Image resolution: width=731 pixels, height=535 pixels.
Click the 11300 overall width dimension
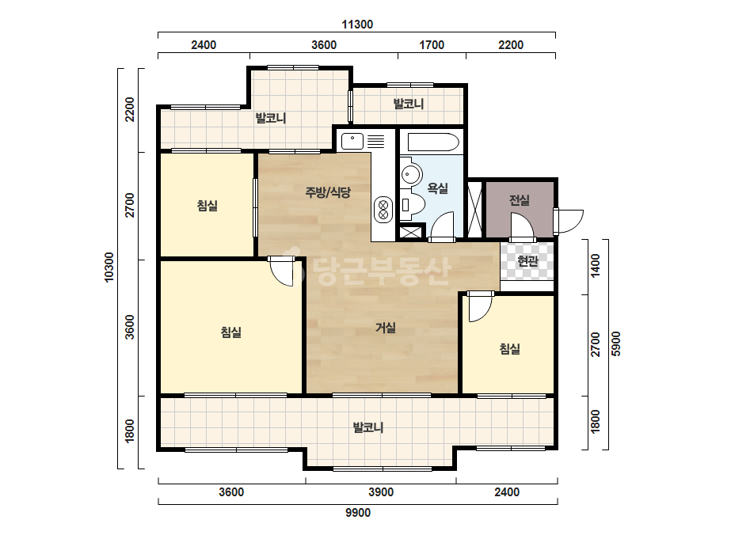[357, 25]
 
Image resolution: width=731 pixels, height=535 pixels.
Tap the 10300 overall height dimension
[109, 267]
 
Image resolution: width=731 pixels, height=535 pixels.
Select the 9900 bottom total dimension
[358, 513]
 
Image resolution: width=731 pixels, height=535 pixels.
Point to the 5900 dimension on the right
[616, 343]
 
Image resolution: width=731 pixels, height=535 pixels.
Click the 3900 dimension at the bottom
[381, 492]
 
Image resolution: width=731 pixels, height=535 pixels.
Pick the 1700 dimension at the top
[432, 45]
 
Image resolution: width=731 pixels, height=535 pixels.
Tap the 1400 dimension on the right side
[596, 266]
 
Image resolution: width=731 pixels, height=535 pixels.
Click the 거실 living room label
[386, 328]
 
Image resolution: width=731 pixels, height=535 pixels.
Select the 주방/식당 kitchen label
[328, 192]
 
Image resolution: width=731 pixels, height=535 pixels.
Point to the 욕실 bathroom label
[438, 188]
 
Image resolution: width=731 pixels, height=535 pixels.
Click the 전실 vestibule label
[520, 200]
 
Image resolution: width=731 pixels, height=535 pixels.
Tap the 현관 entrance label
[527, 261]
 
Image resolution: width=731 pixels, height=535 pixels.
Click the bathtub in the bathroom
[433, 142]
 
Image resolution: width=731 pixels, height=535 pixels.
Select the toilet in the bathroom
[412, 203]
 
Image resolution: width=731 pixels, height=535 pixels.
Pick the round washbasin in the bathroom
[411, 175]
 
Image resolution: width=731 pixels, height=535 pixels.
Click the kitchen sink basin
[352, 141]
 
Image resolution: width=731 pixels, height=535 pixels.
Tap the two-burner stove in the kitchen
[383, 209]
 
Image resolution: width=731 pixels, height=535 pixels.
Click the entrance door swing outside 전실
[569, 221]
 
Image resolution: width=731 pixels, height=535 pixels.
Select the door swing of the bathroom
[442, 226]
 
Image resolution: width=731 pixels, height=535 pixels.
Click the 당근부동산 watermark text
[367, 271]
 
